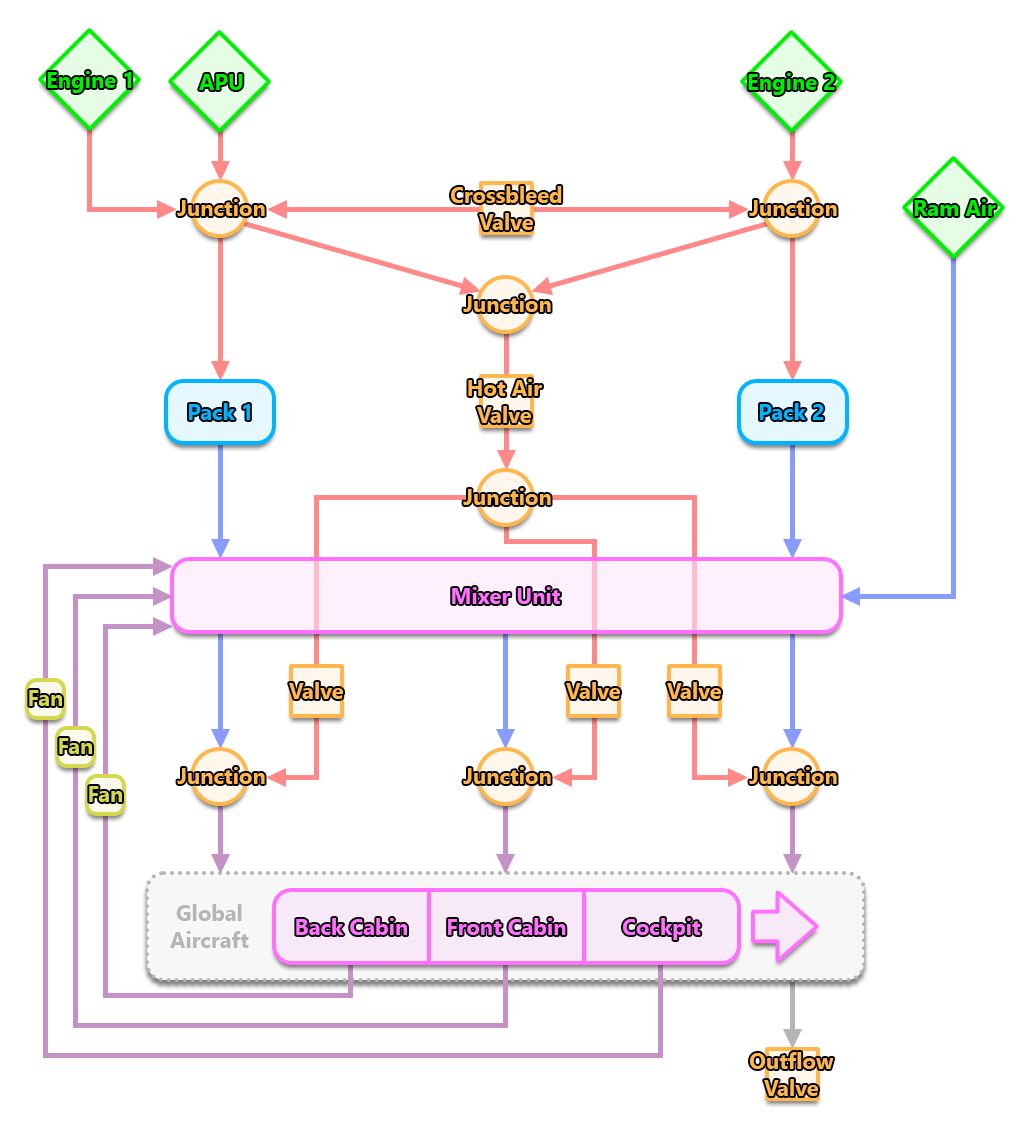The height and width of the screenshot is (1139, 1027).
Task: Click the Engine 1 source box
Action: pyautogui.click(x=91, y=81)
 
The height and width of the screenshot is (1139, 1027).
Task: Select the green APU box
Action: pyautogui.click(x=221, y=82)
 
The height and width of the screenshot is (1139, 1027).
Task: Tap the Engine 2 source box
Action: pyautogui.click(x=792, y=82)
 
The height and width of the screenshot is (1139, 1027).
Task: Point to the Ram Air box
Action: pyautogui.click(x=955, y=208)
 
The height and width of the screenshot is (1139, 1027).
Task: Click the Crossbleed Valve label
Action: pyautogui.click(x=506, y=209)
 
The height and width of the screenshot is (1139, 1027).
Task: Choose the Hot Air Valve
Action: pyautogui.click(x=505, y=402)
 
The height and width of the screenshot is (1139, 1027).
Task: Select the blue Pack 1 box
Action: pyautogui.click(x=220, y=412)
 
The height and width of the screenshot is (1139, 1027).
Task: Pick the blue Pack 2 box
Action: pyautogui.click(x=792, y=412)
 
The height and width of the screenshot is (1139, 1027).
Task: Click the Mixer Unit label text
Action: pyautogui.click(x=506, y=597)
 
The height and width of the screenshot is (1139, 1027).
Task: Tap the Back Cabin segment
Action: pyautogui.click(x=351, y=927)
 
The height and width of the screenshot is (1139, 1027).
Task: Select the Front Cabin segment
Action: pyautogui.click(x=506, y=927)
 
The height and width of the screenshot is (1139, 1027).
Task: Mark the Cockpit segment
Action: pyautogui.click(x=661, y=927)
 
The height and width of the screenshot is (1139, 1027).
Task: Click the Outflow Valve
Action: pyautogui.click(x=792, y=1075)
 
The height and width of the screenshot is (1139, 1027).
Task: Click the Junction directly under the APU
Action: pyautogui.click(x=221, y=209)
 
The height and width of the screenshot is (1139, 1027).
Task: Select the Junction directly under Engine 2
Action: pyautogui.click(x=793, y=209)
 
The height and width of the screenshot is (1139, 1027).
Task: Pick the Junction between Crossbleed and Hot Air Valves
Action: pyautogui.click(x=506, y=305)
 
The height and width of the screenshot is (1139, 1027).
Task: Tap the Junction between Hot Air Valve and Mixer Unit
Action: pyautogui.click(x=506, y=497)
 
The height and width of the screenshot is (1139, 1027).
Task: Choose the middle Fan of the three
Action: pyautogui.click(x=75, y=746)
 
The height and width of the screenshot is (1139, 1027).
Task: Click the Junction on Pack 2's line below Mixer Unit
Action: pyautogui.click(x=793, y=777)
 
